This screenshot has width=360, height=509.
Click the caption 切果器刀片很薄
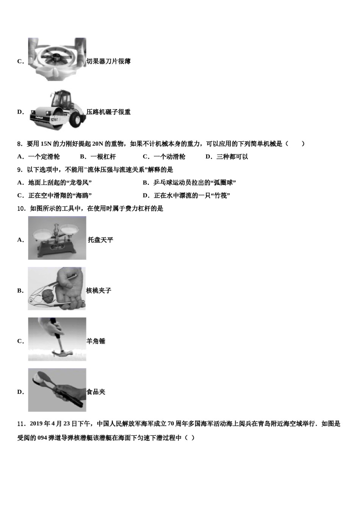click(109, 61)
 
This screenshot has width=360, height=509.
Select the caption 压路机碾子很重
click(108, 112)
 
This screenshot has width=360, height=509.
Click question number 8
click(20, 144)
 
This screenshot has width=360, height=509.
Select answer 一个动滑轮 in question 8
click(169, 157)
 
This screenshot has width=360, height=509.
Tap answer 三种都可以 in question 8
click(232, 157)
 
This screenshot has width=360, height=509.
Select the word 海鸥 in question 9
click(82, 196)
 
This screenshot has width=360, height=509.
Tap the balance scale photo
click(57, 238)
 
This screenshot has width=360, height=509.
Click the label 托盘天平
click(100, 240)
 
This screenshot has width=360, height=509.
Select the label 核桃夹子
click(99, 291)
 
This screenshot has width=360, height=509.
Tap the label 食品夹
click(96, 392)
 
